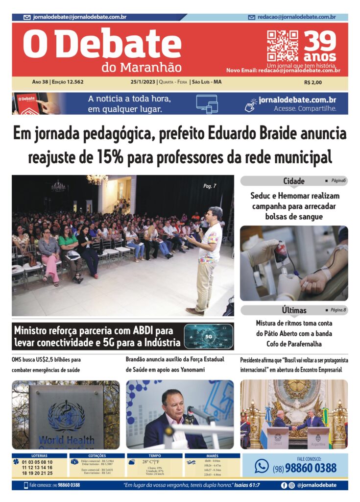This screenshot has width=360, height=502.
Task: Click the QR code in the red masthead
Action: [x=282, y=46]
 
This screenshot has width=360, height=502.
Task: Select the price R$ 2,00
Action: [x=313, y=82]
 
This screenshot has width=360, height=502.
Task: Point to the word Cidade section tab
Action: [x=294, y=181]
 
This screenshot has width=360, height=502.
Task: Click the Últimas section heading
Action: [x=294, y=310]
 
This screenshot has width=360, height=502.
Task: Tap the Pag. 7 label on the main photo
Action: [x=210, y=186]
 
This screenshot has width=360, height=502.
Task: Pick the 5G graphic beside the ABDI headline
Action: [x=208, y=336]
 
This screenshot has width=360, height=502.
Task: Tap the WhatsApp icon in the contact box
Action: [x=262, y=466]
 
